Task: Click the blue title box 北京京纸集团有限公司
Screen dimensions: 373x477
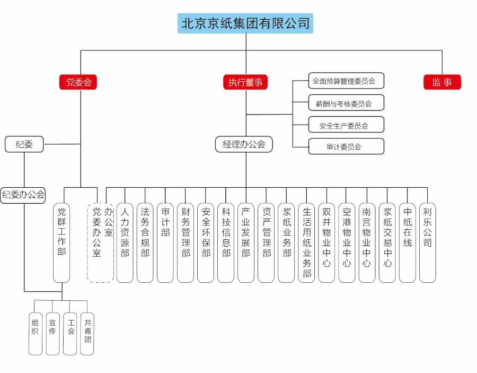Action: coord(245,23)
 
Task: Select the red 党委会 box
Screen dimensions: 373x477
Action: coord(78,82)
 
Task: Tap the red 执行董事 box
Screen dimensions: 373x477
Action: coord(245,82)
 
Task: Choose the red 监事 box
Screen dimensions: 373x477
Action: coord(443,82)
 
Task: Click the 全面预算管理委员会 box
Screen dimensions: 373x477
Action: coord(346,81)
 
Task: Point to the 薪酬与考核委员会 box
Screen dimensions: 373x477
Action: coord(346,103)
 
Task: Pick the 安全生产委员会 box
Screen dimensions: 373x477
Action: coord(346,125)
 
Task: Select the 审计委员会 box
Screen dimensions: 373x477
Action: coord(346,146)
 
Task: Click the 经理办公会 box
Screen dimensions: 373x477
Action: coord(244,144)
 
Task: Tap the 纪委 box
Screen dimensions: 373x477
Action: coord(24,144)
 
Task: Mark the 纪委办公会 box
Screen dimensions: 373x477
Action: coord(23,195)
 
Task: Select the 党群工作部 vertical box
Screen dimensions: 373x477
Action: coord(61,241)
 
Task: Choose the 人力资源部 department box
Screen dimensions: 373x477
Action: coord(125,241)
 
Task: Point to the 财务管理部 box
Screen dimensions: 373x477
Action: coord(185,241)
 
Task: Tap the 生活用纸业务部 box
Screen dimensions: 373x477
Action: coord(306,241)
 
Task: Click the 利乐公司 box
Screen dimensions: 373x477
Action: coord(427,241)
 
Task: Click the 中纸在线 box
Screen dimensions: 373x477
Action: coord(407,241)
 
